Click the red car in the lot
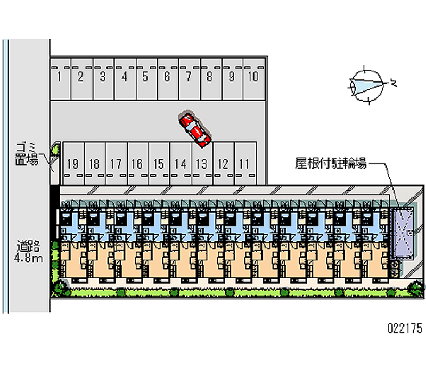(195, 129)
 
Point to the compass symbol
(367, 84)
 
